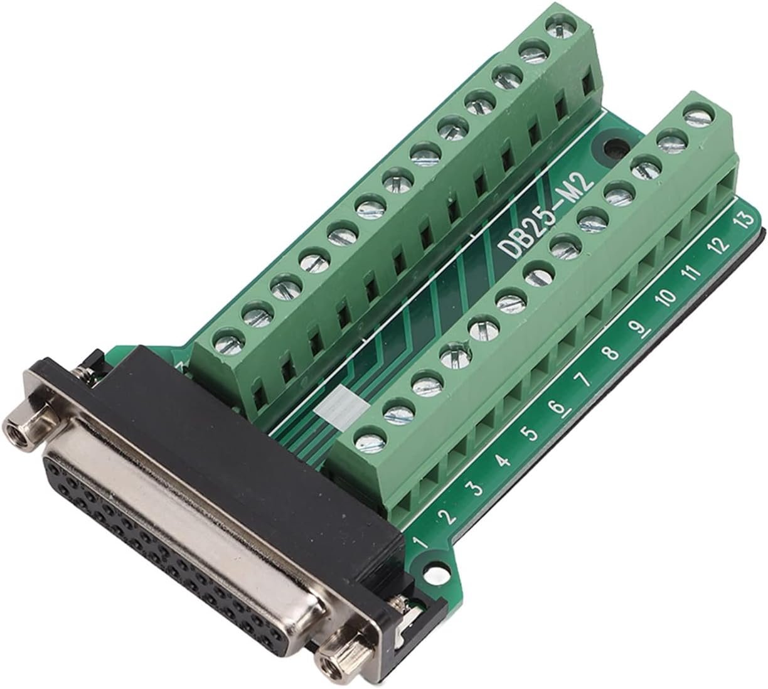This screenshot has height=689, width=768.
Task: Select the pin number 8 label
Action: (x=611, y=354)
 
